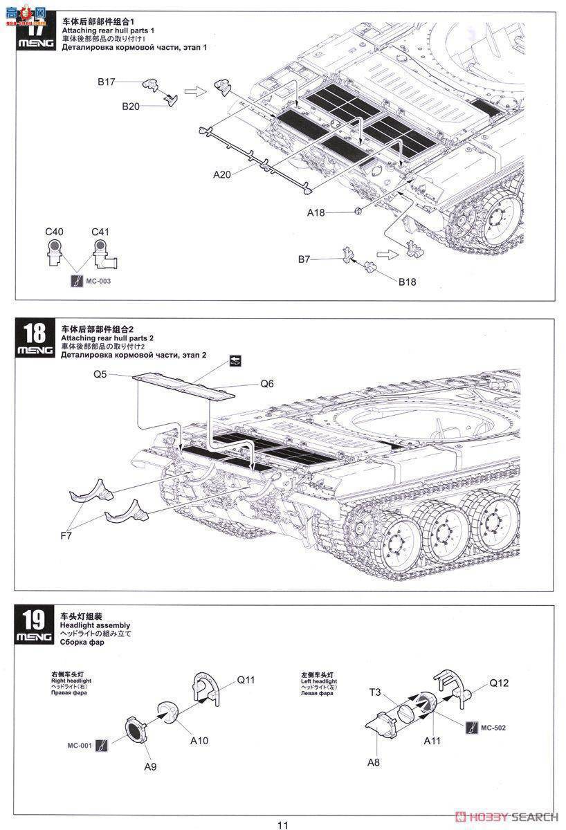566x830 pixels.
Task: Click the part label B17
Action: (x=106, y=82)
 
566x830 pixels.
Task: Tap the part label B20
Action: (x=131, y=106)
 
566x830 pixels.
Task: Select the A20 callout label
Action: (x=221, y=175)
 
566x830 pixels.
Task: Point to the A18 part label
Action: (x=316, y=212)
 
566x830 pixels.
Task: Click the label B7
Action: (x=304, y=259)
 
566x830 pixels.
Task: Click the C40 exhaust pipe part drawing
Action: (x=55, y=254)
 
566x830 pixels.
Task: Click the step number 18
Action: (x=33, y=333)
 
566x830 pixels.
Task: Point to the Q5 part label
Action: (x=100, y=374)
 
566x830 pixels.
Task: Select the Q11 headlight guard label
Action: (x=246, y=680)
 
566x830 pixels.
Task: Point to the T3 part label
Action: (x=375, y=692)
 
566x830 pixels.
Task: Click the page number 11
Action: (x=282, y=824)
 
